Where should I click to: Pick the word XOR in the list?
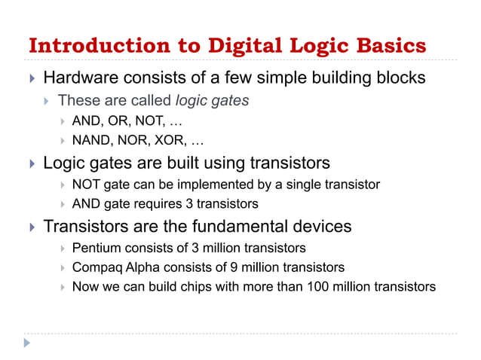coord(171,140)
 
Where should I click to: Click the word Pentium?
coord(95,248)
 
